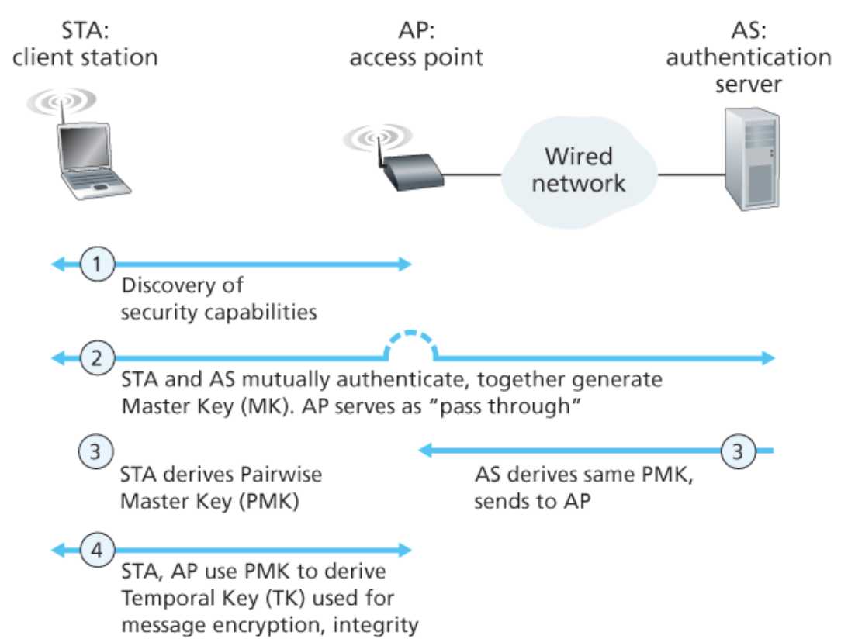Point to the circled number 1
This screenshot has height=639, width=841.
[x=97, y=264]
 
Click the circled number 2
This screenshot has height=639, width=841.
[x=97, y=357]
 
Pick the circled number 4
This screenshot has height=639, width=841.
[x=97, y=550]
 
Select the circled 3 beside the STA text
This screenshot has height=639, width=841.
[x=95, y=451]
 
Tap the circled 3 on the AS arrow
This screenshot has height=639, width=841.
[x=737, y=450]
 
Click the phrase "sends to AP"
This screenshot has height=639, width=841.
[x=532, y=502]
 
